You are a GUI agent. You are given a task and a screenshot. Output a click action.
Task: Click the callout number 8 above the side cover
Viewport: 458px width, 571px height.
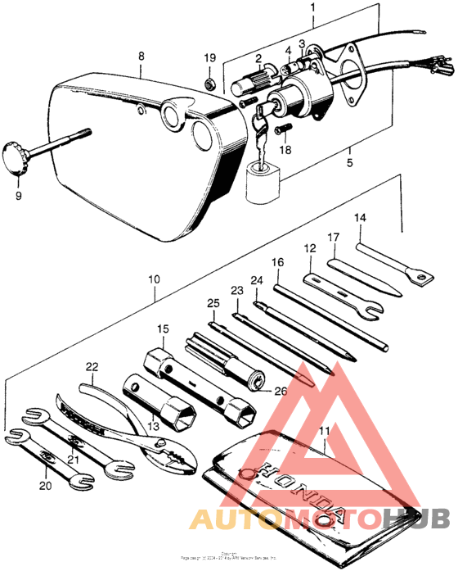(141, 56)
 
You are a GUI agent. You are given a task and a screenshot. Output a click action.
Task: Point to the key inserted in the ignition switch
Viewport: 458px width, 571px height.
(261, 120)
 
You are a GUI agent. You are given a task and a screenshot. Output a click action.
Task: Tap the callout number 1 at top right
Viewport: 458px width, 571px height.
(312, 8)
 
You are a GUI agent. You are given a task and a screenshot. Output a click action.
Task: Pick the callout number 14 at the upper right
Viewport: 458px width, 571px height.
(360, 218)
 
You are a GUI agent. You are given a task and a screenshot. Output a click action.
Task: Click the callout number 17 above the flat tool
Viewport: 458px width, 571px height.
(333, 238)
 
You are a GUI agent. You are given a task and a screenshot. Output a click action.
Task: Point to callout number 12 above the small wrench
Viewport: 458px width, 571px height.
(310, 248)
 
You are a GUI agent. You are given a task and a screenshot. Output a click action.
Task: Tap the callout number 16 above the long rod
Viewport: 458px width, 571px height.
(277, 262)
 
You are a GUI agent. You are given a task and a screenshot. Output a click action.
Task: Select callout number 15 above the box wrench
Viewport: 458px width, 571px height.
(163, 329)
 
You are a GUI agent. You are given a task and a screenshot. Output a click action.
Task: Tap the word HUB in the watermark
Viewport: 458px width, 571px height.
(417, 517)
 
